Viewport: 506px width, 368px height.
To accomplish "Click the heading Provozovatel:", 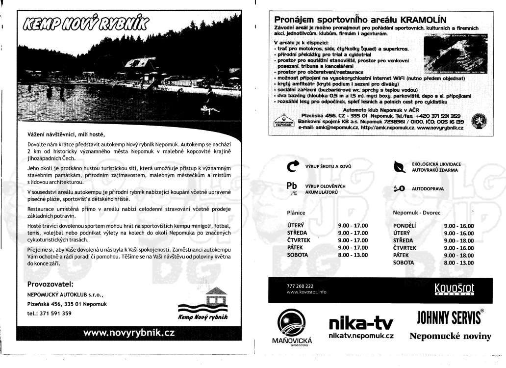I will coord(51,283).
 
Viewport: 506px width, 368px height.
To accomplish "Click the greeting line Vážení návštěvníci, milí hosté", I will coord(66,133).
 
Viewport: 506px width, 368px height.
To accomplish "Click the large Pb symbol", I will coord(293,187).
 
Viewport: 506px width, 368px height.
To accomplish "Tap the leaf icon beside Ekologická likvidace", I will coord(400,167).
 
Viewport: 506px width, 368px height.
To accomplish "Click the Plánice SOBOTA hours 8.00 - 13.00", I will coord(353,255).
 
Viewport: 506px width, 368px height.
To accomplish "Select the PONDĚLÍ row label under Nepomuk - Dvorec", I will coord(405,226).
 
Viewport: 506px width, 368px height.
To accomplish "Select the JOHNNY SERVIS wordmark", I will coord(450,319).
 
